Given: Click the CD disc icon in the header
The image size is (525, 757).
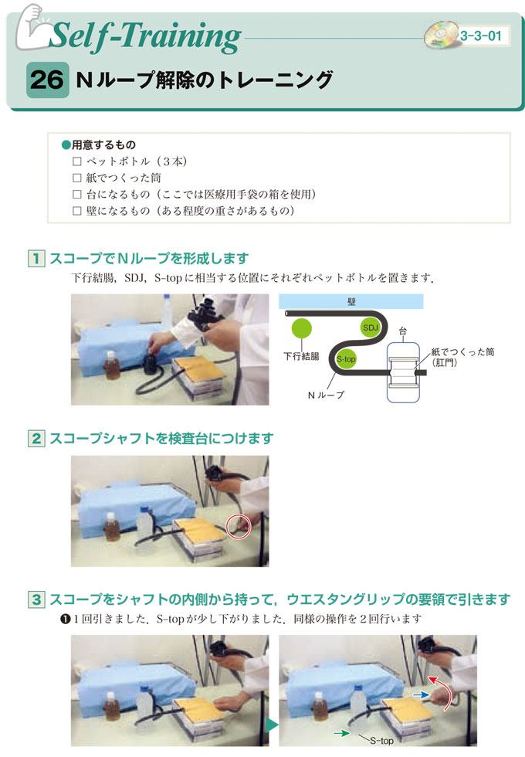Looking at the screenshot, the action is [441, 35].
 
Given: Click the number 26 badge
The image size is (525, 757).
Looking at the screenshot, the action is [47, 80].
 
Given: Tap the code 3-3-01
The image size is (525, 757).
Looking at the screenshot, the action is [480, 36].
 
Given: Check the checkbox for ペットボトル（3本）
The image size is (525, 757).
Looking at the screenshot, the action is [76, 161].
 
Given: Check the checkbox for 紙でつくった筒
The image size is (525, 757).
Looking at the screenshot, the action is [76, 178].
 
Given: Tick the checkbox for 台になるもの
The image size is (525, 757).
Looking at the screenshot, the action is [76, 194].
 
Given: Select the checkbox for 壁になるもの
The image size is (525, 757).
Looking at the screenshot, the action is [76, 210].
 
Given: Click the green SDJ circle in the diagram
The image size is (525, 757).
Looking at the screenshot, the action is [370, 328].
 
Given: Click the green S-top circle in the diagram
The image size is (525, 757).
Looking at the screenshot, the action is [346, 358].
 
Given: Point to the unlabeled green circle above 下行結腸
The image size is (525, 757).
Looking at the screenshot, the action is [302, 329].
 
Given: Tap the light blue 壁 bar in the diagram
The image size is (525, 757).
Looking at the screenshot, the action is [351, 301].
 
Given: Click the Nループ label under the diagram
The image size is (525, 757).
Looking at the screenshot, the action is [326, 395].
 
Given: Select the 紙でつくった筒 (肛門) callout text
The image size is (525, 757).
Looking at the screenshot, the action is [462, 357].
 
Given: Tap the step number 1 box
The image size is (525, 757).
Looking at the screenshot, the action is [36, 258].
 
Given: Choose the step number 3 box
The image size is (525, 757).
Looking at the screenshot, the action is [36, 599].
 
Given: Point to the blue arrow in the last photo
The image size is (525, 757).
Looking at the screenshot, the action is [421, 694].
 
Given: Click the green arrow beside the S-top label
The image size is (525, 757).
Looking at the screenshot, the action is [341, 733].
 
